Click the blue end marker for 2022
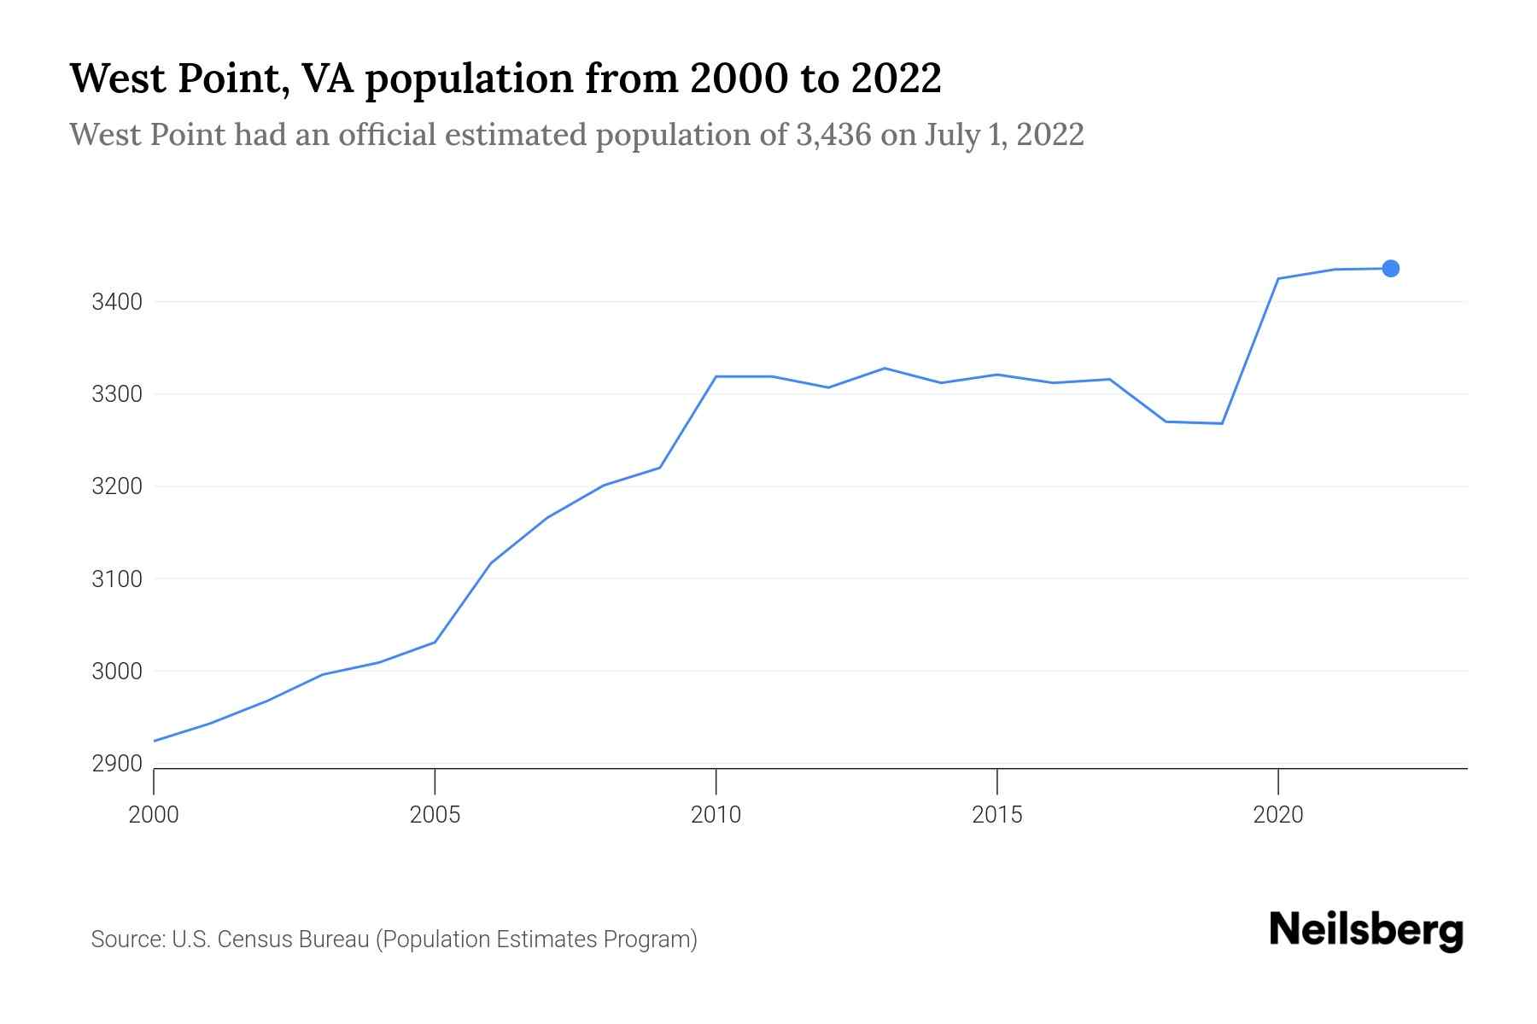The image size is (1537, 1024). (1390, 269)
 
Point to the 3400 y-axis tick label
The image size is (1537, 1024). (117, 302)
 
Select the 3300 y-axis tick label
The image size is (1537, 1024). (117, 394)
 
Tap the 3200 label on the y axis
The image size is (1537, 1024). (117, 486)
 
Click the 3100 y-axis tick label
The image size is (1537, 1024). (117, 579)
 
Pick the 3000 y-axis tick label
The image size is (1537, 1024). (117, 672)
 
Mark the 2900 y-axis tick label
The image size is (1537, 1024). (117, 764)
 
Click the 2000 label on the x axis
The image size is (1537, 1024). (154, 815)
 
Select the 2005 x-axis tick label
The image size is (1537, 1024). (435, 815)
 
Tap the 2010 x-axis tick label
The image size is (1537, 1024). (716, 815)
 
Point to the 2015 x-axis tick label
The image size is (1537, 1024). (996, 815)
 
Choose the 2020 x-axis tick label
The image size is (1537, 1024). (1277, 815)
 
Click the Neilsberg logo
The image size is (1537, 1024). (1365, 931)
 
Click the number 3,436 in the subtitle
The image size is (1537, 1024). (833, 135)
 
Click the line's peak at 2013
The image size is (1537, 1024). (885, 369)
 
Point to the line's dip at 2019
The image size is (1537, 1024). (1222, 423)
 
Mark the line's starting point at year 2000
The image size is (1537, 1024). (155, 741)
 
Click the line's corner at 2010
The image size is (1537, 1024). (716, 376)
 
